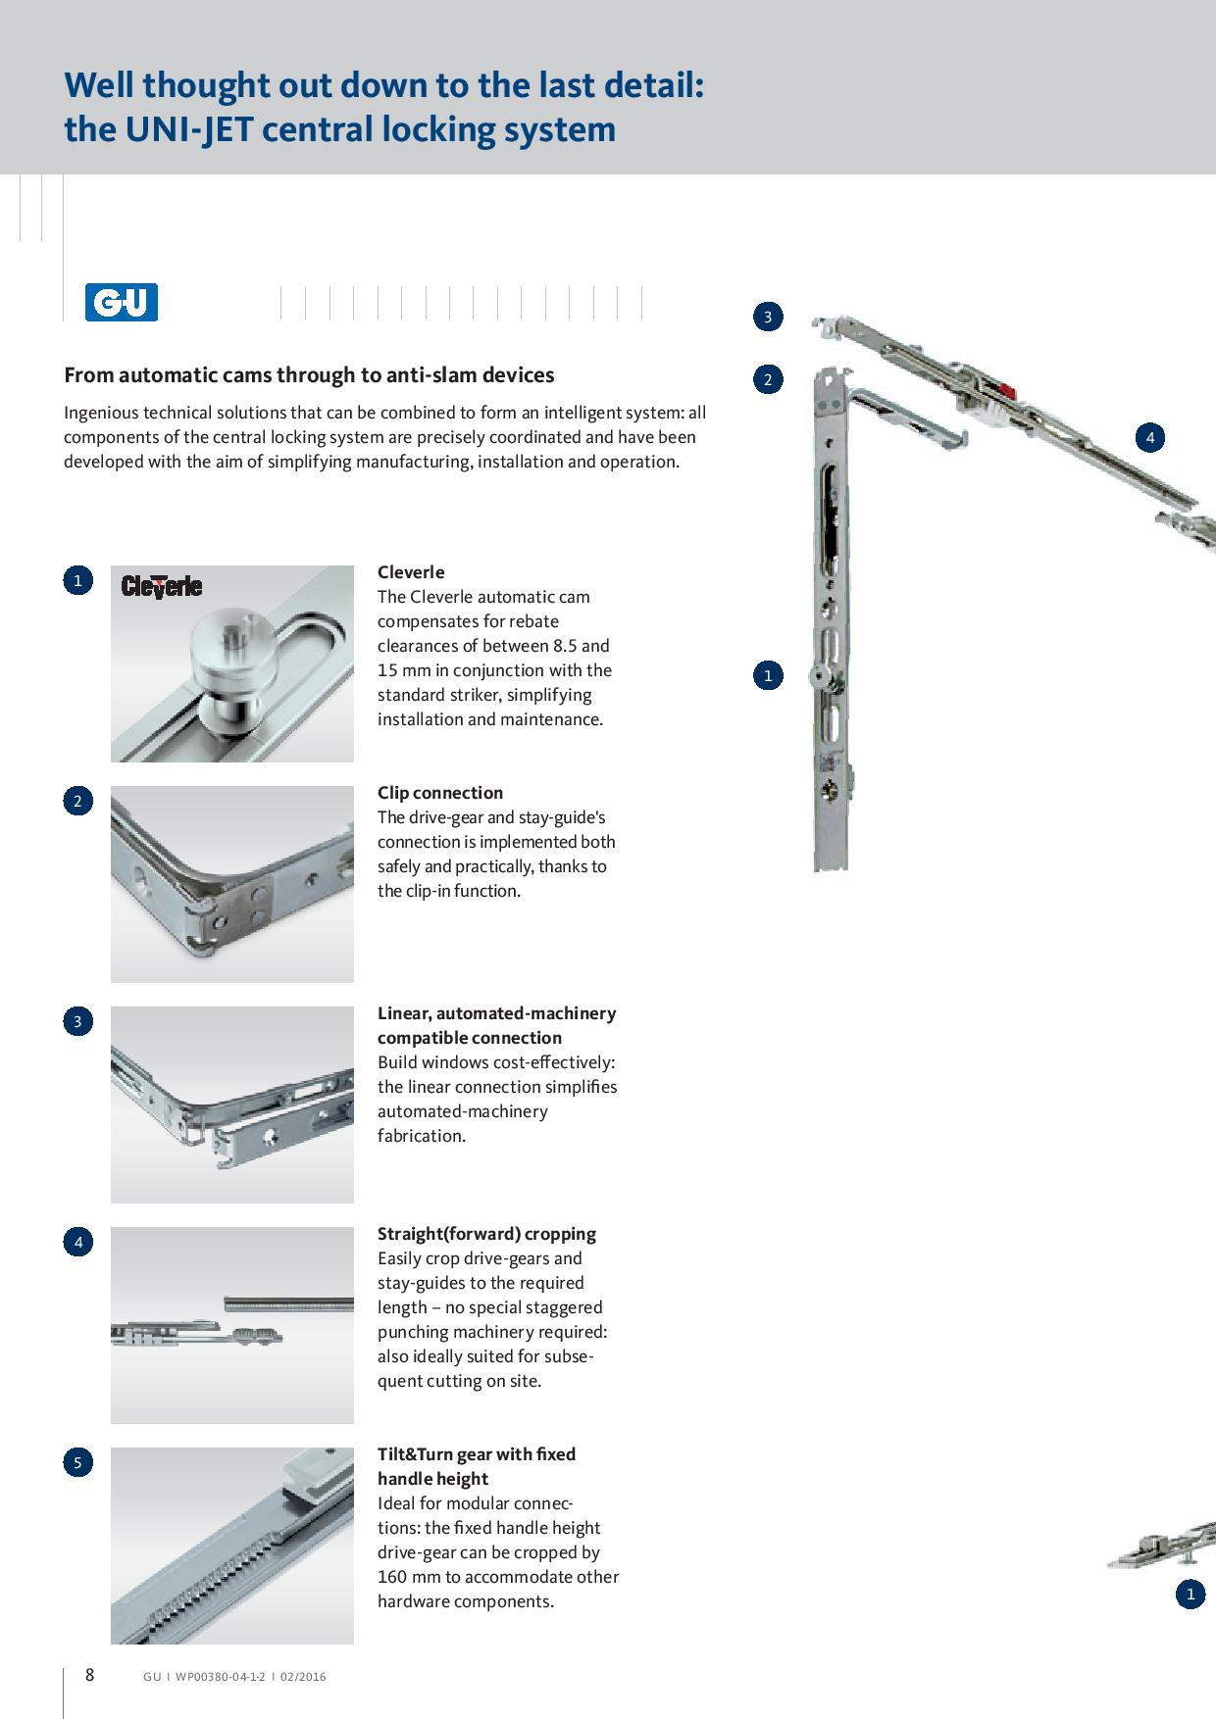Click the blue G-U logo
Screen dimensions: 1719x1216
click(122, 303)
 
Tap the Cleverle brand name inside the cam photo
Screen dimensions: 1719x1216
click(162, 587)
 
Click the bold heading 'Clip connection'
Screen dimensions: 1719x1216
click(440, 793)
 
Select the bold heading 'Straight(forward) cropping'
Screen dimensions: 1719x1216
click(486, 1234)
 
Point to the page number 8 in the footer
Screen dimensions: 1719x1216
click(89, 1675)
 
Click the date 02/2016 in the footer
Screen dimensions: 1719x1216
click(303, 1677)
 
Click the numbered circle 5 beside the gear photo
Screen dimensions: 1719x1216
click(77, 1463)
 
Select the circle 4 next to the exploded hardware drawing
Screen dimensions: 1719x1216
click(1150, 437)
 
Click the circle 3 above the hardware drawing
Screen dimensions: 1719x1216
click(768, 317)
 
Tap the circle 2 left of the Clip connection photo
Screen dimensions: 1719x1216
click(77, 802)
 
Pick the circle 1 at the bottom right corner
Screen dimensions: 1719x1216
click(1191, 1595)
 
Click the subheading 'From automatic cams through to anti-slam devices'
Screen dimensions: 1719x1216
click(309, 375)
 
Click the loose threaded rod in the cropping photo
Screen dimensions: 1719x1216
click(288, 1303)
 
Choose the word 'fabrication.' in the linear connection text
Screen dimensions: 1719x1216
click(422, 1136)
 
